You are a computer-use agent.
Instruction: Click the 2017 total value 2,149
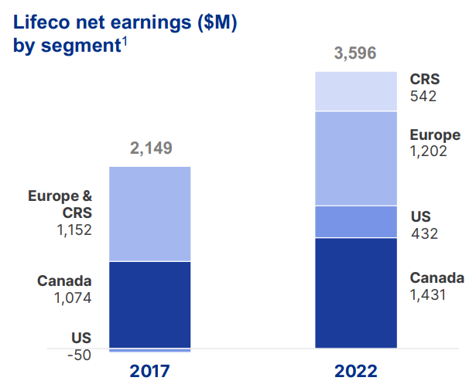[x=150, y=148]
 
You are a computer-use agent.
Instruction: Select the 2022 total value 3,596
[x=356, y=54]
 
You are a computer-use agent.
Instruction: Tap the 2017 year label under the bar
[x=150, y=371]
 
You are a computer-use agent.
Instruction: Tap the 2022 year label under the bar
[x=356, y=371]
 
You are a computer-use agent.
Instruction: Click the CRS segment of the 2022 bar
[x=356, y=91]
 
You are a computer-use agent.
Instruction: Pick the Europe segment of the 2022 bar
[x=356, y=158]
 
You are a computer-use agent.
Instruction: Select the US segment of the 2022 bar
[x=356, y=222]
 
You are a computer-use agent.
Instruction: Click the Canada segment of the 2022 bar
[x=356, y=293]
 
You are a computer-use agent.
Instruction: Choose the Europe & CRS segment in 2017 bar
[x=150, y=214]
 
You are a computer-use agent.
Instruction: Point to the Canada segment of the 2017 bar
[x=150, y=304]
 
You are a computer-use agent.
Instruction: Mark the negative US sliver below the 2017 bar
[x=150, y=350]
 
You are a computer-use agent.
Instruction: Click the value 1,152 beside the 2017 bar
[x=74, y=230]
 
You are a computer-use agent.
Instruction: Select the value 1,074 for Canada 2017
[x=74, y=297]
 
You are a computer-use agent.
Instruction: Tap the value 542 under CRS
[x=423, y=97]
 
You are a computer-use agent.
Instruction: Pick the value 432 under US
[x=423, y=233]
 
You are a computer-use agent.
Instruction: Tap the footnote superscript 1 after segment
[x=125, y=41]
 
